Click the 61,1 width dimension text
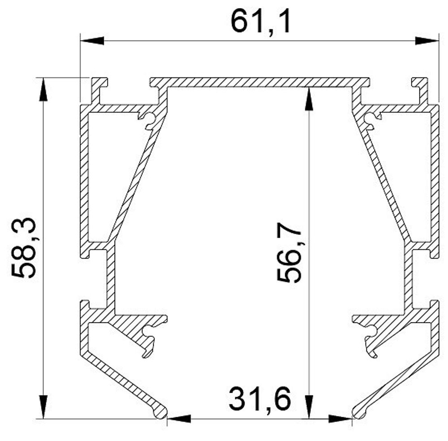(261, 22)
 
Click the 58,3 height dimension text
(25, 248)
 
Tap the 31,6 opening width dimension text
(260, 399)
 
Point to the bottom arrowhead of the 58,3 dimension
(43, 407)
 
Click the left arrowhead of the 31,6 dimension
(179, 419)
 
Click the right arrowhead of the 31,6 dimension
(340, 419)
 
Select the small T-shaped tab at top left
(99, 83)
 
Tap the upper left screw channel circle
(150, 118)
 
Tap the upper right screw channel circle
(370, 118)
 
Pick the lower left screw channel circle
(147, 331)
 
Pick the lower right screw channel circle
(371, 331)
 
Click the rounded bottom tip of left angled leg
(160, 412)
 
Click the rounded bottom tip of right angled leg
(359, 412)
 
